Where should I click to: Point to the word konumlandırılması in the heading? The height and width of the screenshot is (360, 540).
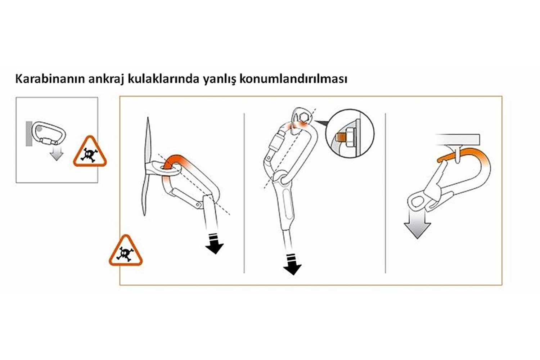tap(293, 79)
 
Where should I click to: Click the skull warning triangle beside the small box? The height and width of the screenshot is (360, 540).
tap(90, 152)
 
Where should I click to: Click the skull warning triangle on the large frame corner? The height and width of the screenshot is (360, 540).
tap(126, 251)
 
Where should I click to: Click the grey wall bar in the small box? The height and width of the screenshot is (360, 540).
tap(29, 134)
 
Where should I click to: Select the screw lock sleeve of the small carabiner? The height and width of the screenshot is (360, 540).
tap(48, 141)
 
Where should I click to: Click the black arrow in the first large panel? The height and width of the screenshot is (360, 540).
tap(215, 243)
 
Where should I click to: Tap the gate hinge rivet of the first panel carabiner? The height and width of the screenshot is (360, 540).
tap(198, 205)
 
